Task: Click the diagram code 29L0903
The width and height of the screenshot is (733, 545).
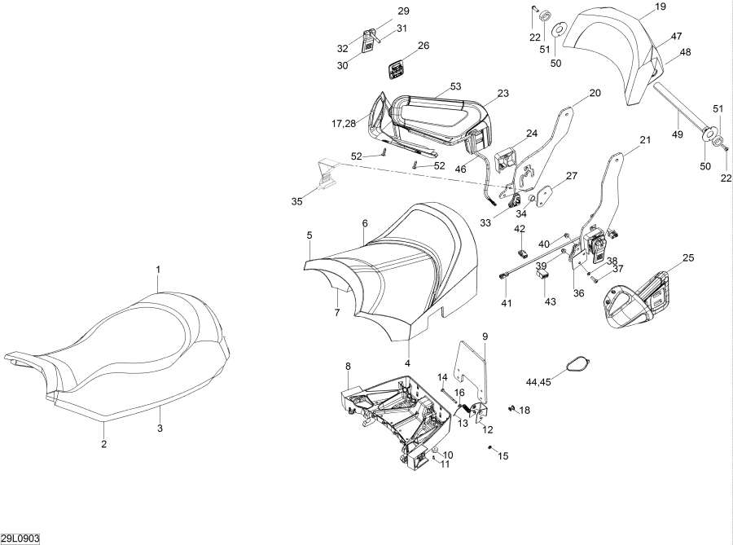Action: click(20, 538)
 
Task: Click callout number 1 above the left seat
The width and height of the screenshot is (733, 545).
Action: click(158, 269)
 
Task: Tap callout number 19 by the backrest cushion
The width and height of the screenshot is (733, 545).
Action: click(660, 6)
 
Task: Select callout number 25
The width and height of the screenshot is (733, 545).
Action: click(688, 258)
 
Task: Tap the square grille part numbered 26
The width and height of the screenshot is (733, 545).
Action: click(397, 72)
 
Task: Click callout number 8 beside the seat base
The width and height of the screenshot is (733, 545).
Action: click(348, 366)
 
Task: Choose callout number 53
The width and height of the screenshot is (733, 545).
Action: click(454, 86)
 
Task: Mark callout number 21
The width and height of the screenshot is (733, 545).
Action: click(645, 140)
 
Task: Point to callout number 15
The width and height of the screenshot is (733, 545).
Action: click(503, 456)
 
